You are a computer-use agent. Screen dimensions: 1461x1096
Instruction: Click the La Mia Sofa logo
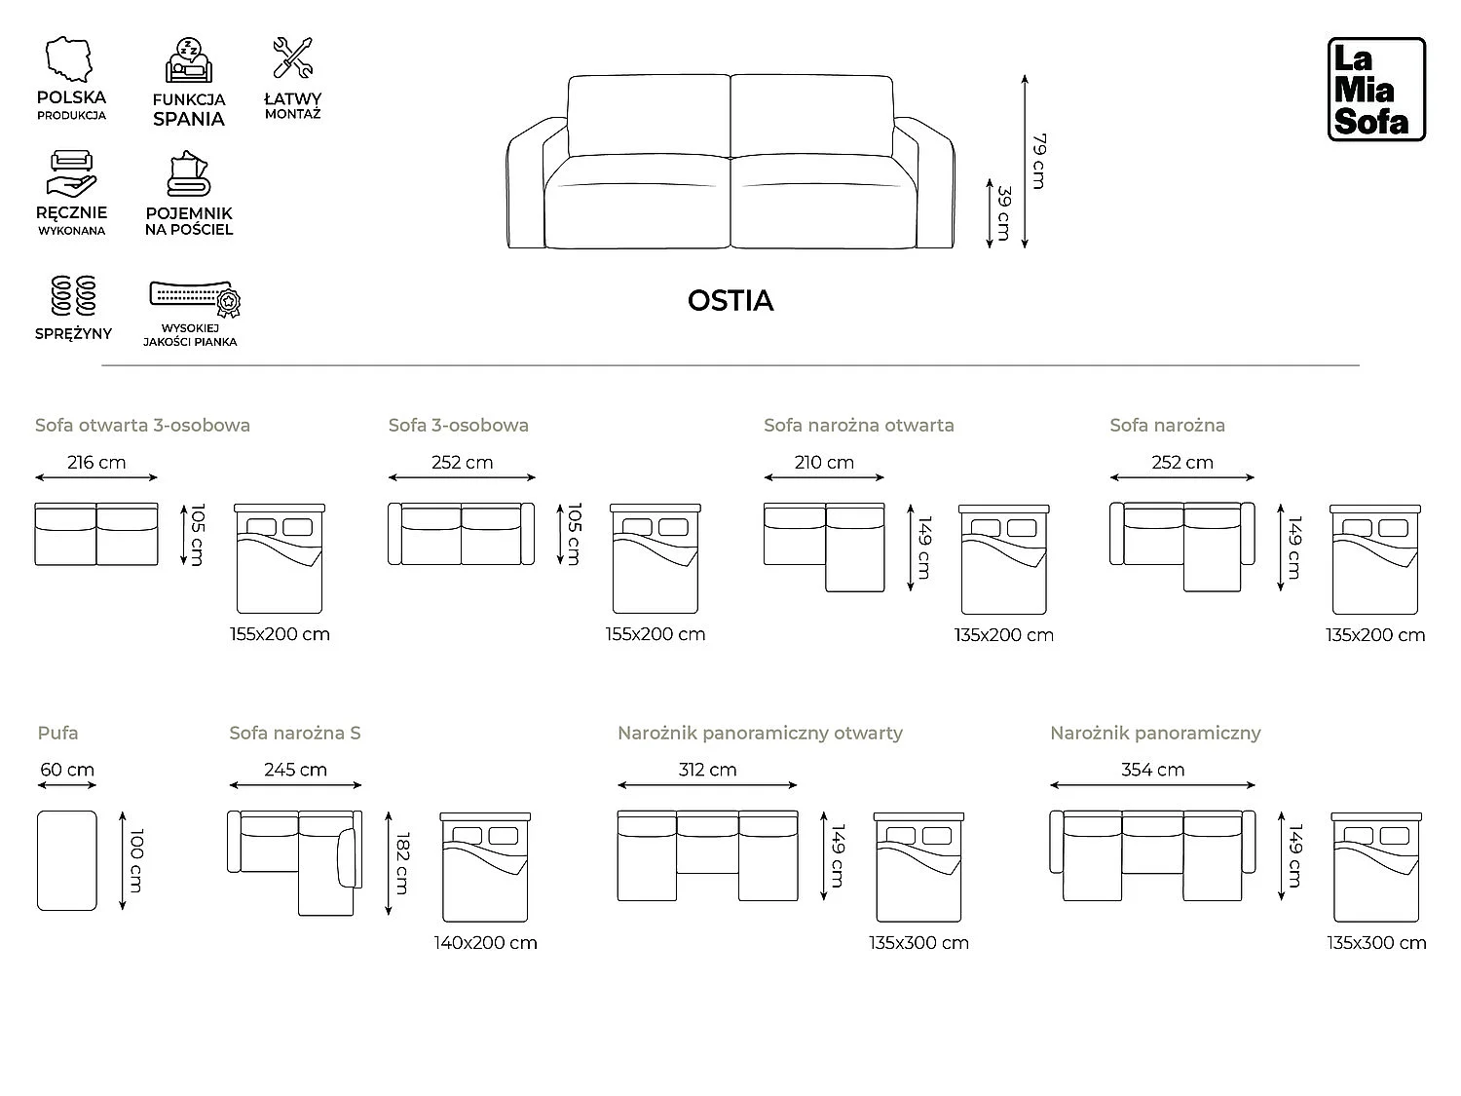pos(1376,90)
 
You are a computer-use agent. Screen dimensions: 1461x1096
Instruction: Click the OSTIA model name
pos(730,301)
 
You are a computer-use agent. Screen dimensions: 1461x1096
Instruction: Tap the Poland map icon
pos(68,59)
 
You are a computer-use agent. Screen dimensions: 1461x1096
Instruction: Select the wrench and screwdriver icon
pos(293,57)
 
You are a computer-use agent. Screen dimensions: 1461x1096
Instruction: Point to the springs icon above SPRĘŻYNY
pos(73,295)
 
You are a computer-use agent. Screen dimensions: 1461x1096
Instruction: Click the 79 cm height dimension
pos(1039,162)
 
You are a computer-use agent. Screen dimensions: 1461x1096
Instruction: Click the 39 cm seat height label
pos(1004,213)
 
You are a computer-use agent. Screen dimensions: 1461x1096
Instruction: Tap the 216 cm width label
pos(96,463)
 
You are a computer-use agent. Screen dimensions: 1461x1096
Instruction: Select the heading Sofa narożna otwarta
pos(859,425)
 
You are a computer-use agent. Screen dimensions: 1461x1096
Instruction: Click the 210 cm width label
pos(824,463)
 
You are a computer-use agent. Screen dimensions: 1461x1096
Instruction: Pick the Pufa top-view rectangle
pos(66,860)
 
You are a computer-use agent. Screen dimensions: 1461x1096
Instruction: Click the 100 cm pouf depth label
pos(136,860)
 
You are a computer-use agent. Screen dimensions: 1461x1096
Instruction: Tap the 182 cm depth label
pos(402,863)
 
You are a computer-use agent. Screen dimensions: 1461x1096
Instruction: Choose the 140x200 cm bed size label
pos(485,943)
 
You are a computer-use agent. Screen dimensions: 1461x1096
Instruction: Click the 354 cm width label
pos(1153,770)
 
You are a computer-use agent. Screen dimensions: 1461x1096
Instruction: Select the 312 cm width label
pos(707,770)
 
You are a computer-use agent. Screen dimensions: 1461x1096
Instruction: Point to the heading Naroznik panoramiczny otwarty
pos(760,734)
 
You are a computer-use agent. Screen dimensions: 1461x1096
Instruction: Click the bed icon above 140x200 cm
pos(485,867)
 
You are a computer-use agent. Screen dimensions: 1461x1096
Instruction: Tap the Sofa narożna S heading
pos(295,734)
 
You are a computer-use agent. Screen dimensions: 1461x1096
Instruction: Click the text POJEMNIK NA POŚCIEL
pos(189,221)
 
